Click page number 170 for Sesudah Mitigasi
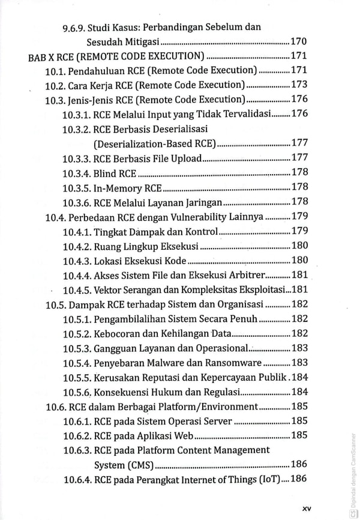(x=299, y=42)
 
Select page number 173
(x=299, y=85)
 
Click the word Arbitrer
(x=244, y=274)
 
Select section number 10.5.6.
(x=77, y=392)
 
